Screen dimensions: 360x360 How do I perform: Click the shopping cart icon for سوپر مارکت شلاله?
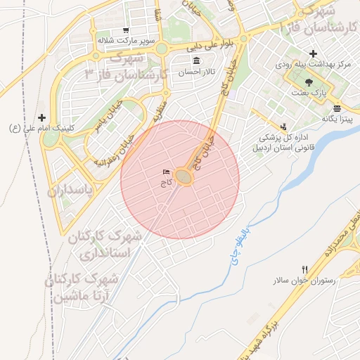[125, 30]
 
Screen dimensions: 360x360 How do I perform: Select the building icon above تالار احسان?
[195, 60]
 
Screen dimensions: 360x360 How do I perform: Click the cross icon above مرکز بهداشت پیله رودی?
[313, 53]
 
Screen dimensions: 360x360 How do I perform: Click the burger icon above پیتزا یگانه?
[337, 108]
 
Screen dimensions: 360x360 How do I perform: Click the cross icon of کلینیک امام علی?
[42, 117]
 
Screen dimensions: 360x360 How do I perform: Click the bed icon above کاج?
[166, 172]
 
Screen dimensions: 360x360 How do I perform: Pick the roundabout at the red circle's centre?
[184, 177]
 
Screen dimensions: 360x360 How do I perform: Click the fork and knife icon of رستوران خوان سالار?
[304, 269]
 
